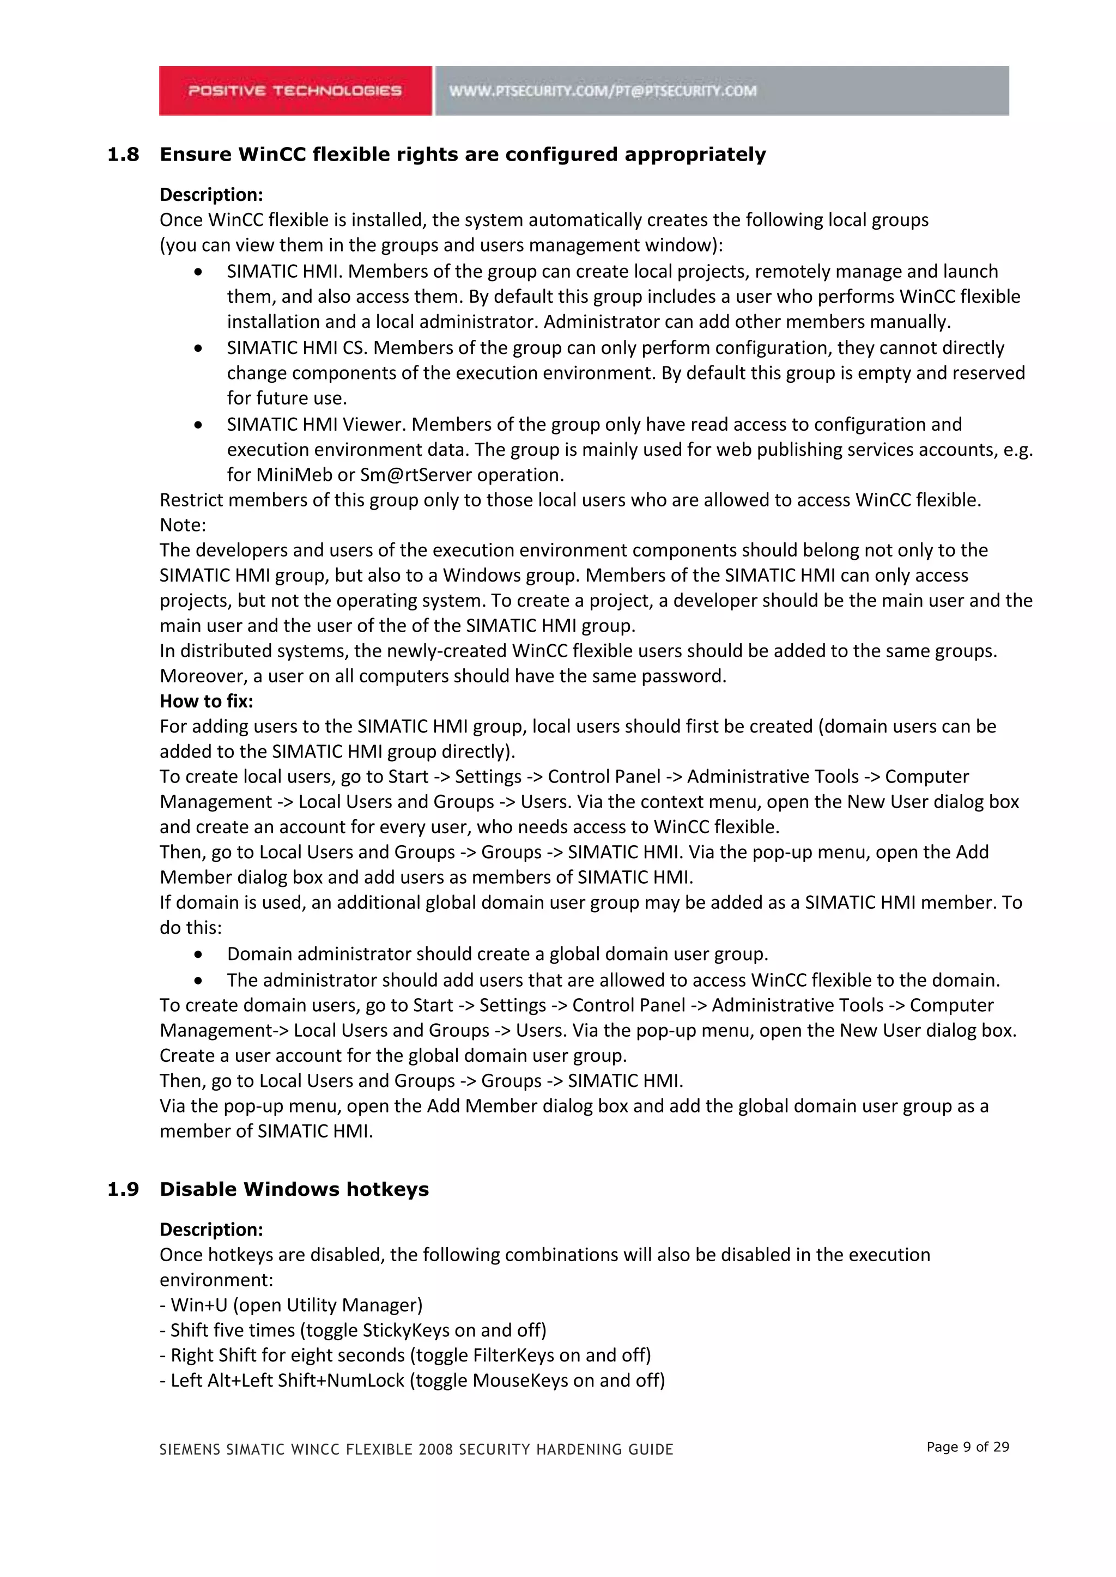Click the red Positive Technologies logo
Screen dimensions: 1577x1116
tap(295, 90)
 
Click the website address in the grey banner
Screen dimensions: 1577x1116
tap(603, 90)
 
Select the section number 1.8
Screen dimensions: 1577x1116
tap(123, 155)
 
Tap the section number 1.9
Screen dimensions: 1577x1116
tap(123, 1190)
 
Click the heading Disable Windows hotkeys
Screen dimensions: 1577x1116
tap(294, 1190)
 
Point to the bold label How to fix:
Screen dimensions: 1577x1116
tap(206, 701)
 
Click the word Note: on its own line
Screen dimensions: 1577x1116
tap(183, 525)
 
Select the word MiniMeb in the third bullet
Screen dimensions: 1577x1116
tap(295, 475)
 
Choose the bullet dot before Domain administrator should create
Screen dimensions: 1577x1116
tap(198, 955)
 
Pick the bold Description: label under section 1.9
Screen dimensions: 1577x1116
tap(211, 1230)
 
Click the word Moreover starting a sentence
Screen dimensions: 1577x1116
tap(203, 676)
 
